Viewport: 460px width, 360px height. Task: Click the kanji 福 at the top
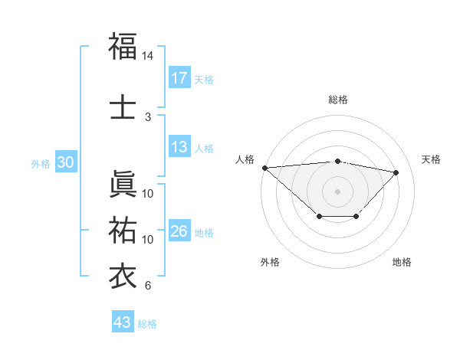(123, 46)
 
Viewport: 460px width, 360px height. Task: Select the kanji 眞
(123, 184)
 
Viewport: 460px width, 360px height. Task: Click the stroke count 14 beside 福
(148, 56)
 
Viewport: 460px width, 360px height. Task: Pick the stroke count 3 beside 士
(148, 116)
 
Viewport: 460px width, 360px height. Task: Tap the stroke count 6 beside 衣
(148, 286)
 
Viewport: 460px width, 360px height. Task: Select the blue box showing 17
(179, 78)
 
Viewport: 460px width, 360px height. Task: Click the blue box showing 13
(179, 148)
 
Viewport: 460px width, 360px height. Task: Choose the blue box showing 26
(179, 231)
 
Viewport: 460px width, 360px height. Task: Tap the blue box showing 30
(66, 162)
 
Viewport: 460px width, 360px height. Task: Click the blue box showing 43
(123, 322)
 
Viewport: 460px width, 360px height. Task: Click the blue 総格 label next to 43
(147, 324)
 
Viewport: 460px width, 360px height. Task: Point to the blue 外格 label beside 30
(41, 164)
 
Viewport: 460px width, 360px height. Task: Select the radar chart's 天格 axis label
(431, 159)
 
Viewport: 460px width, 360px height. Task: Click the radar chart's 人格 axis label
(245, 159)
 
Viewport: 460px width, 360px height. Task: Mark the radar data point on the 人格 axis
(264, 168)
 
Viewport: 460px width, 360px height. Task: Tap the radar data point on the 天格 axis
(396, 172)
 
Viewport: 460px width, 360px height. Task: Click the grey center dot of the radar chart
(337, 191)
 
